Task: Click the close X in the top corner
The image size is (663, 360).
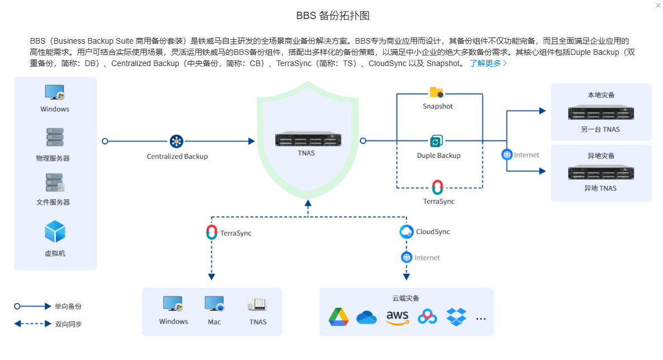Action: coord(657,5)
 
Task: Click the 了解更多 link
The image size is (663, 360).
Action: coord(488,63)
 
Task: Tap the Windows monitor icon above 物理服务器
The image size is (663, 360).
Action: coord(54,92)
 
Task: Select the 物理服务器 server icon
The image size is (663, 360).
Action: coord(54,138)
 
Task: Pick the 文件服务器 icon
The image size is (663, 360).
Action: coord(55,183)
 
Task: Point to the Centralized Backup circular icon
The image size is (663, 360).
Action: coord(177,141)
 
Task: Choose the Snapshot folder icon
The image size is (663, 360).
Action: coord(436,92)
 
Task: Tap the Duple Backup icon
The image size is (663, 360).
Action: coord(437,141)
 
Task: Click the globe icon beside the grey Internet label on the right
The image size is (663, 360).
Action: coord(507,155)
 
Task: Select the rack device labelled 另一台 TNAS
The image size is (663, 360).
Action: coord(600,113)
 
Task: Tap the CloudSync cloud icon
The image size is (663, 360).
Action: coord(407,232)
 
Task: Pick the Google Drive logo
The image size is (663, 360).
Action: coord(338,317)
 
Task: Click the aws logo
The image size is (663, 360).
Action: coord(397,317)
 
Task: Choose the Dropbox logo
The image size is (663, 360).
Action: coord(456,317)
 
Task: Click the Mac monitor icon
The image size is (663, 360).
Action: coord(214,304)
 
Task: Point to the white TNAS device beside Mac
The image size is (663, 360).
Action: coord(257,305)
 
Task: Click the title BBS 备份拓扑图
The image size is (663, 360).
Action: coord(332,16)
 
